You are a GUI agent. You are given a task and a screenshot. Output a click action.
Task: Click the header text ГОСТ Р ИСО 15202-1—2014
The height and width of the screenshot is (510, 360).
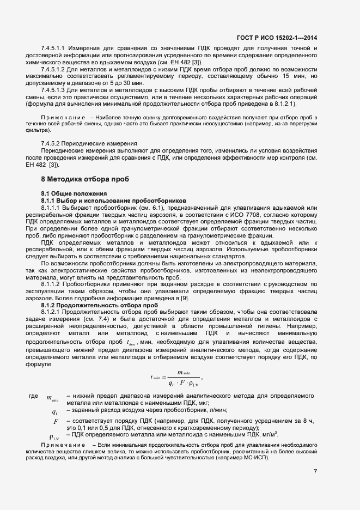pyautogui.click(x=277, y=38)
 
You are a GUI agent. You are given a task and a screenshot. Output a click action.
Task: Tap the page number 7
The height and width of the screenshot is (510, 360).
pyautogui.click(x=315, y=471)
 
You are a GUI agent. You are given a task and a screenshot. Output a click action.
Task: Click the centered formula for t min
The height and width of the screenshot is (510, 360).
pyautogui.click(x=177, y=377)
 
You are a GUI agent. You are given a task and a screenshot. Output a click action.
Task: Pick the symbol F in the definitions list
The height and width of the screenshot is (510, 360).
pyautogui.click(x=55, y=422)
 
